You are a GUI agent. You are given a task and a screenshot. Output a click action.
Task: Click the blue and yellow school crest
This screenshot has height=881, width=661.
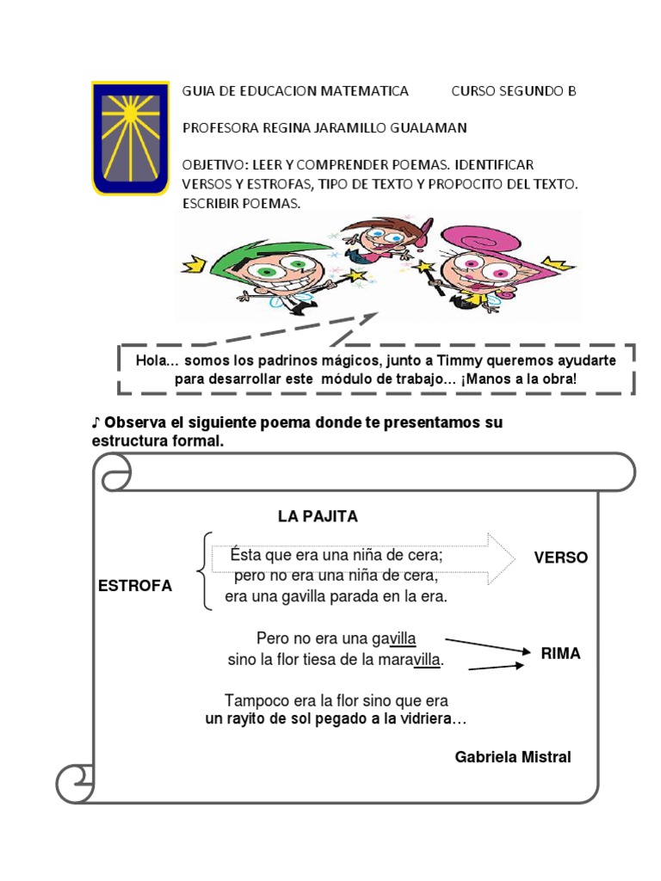point(129,138)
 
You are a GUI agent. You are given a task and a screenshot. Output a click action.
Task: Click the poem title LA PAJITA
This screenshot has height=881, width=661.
point(318,516)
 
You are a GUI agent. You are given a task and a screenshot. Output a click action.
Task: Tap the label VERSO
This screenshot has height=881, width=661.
point(560,558)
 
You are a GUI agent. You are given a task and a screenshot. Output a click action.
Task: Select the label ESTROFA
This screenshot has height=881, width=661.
point(135,586)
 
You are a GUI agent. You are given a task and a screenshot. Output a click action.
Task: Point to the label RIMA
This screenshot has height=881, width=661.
point(560,654)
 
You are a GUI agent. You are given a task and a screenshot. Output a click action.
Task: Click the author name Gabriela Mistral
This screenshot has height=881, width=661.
point(513,757)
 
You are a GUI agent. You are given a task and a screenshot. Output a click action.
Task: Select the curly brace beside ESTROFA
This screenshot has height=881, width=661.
point(203,571)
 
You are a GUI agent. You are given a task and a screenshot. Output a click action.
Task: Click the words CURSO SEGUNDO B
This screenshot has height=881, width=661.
point(513,91)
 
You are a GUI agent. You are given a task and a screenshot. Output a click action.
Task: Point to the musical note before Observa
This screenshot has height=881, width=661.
point(96,423)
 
